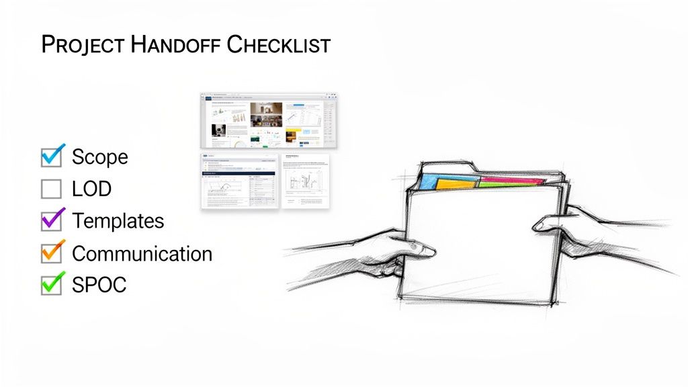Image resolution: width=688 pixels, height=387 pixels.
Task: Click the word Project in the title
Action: (x=81, y=45)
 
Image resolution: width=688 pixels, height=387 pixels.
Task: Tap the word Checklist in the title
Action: (x=278, y=45)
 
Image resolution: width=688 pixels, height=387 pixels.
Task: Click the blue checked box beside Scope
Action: (x=51, y=157)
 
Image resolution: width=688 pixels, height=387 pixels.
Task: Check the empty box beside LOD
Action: (x=51, y=189)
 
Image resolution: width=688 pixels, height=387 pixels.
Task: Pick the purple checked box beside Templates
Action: (x=51, y=220)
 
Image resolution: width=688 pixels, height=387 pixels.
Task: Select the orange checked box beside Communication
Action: (x=51, y=253)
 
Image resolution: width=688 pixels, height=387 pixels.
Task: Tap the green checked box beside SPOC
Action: (x=51, y=284)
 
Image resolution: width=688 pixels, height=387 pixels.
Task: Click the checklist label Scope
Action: (x=99, y=157)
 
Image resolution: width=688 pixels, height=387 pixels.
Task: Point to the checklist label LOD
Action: (x=91, y=189)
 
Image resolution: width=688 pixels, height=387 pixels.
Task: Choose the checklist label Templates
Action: (x=118, y=221)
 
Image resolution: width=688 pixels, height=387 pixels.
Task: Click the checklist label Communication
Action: (x=142, y=253)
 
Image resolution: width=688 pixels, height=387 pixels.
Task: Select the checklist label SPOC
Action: (x=99, y=285)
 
